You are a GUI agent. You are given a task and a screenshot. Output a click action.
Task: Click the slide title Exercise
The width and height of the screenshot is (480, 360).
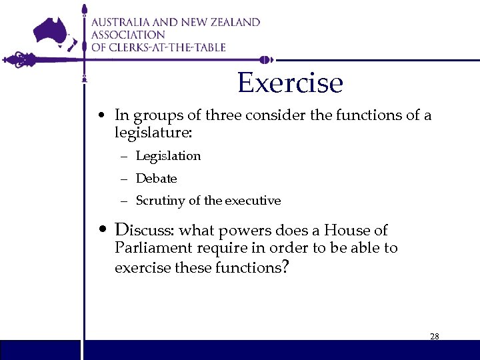point(290,83)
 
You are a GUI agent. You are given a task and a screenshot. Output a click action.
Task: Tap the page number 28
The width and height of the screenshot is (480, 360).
point(434,337)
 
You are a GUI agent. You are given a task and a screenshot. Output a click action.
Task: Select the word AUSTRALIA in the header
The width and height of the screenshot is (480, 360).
point(125,22)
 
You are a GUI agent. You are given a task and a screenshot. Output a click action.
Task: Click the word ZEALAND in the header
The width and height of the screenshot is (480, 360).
point(233,22)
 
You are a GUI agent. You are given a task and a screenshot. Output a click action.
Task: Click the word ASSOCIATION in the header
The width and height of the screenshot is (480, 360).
point(128,35)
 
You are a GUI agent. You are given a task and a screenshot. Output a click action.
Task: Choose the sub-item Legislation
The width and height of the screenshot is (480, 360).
point(168,156)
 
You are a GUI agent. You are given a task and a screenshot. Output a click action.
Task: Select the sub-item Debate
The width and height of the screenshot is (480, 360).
point(156,179)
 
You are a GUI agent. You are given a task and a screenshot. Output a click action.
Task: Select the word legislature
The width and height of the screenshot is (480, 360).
point(153,133)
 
